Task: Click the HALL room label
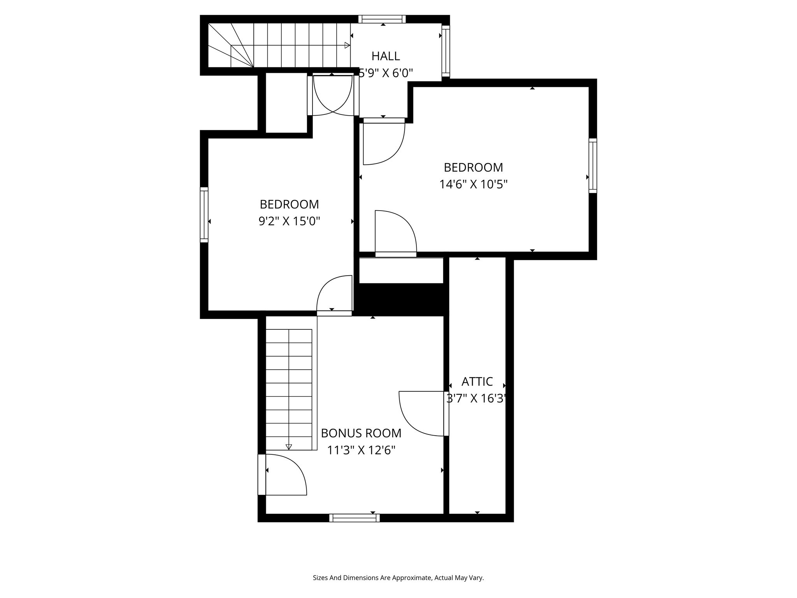[x=385, y=56]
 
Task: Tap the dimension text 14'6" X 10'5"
[x=473, y=184]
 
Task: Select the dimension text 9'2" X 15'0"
[x=289, y=222]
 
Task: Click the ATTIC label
[x=477, y=381]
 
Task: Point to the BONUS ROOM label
[x=361, y=433]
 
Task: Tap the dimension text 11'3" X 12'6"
[x=361, y=450]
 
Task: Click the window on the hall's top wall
[x=382, y=19]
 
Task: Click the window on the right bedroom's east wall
[x=593, y=165]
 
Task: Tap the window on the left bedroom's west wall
[x=204, y=215]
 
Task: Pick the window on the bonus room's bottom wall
[x=354, y=518]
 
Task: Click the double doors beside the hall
[x=333, y=96]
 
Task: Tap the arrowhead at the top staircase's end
[x=347, y=46]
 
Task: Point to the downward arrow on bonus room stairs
[x=289, y=447]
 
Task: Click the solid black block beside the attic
[x=401, y=299]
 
